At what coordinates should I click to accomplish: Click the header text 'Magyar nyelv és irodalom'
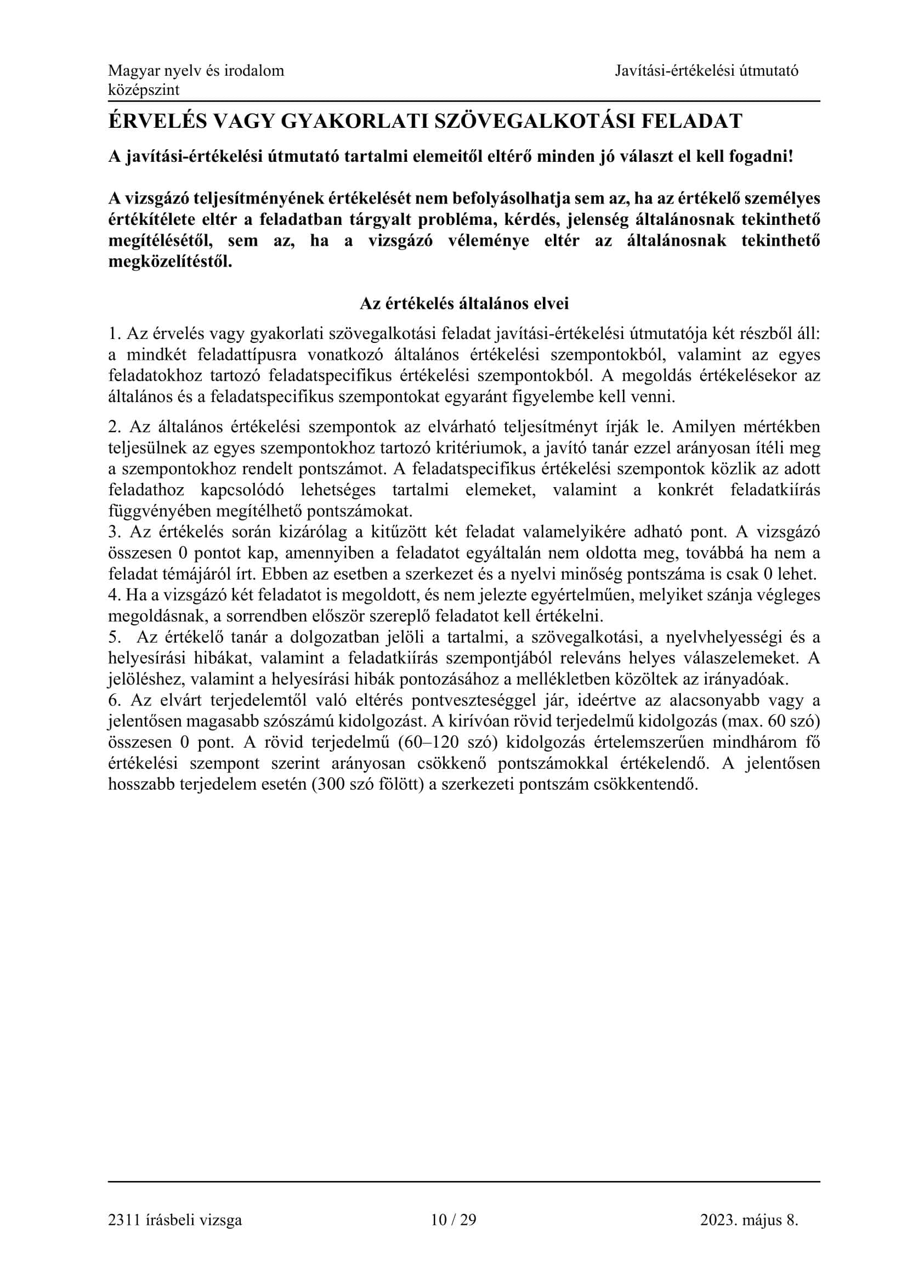(196, 71)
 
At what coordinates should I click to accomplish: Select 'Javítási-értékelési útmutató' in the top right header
(707, 71)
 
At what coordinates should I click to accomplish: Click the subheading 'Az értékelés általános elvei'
(464, 303)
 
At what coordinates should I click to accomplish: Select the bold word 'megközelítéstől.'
(170, 262)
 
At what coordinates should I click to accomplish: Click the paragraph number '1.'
(115, 334)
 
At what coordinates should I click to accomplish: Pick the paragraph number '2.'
(115, 427)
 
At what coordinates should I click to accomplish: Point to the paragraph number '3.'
(115, 532)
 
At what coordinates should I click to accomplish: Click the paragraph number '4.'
(115, 595)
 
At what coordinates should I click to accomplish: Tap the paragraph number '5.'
(115, 637)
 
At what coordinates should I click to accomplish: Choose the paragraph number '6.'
(115, 700)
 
